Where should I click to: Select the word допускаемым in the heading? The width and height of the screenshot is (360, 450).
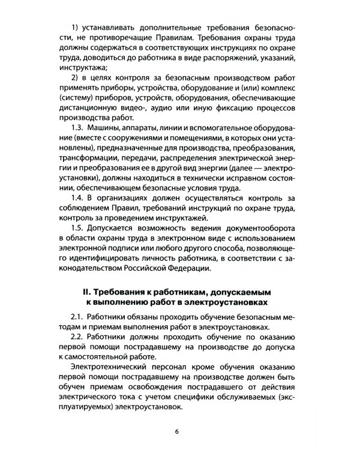click(244, 292)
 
